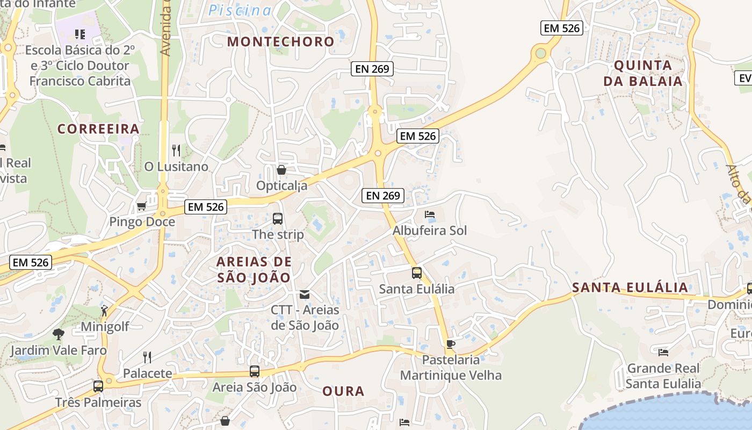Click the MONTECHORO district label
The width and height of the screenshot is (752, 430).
pyautogui.click(x=280, y=41)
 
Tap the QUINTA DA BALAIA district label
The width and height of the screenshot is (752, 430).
pyautogui.click(x=642, y=74)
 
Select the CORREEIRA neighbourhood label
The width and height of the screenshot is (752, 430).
pyautogui.click(x=98, y=129)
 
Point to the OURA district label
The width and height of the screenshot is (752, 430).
pyautogui.click(x=343, y=391)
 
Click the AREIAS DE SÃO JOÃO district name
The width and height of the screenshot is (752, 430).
pyautogui.click(x=254, y=270)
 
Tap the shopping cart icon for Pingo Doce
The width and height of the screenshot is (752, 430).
pyautogui.click(x=142, y=206)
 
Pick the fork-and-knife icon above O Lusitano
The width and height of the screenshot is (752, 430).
pyautogui.click(x=176, y=150)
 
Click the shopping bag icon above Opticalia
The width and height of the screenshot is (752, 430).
pyautogui.click(x=281, y=170)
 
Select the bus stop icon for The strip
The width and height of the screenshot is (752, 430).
pyautogui.click(x=278, y=219)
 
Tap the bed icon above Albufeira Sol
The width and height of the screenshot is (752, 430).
pyautogui.click(x=430, y=214)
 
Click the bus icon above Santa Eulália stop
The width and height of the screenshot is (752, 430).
pyautogui.click(x=417, y=273)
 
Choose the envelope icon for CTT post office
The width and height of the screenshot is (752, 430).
pyautogui.click(x=305, y=294)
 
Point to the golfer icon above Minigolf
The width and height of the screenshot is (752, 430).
pyautogui.click(x=104, y=311)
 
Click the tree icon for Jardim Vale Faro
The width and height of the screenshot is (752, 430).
pyautogui.click(x=58, y=334)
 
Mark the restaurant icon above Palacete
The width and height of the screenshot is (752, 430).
pyautogui.click(x=147, y=357)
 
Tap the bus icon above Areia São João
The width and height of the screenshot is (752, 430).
pyautogui.click(x=255, y=371)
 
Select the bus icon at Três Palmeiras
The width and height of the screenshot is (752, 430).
pyautogui.click(x=98, y=386)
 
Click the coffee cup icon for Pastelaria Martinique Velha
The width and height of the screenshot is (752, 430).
pyautogui.click(x=451, y=344)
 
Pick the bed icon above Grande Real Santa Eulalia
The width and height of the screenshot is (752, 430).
pyautogui.click(x=663, y=353)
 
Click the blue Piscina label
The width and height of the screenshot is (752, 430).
pyautogui.click(x=240, y=10)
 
